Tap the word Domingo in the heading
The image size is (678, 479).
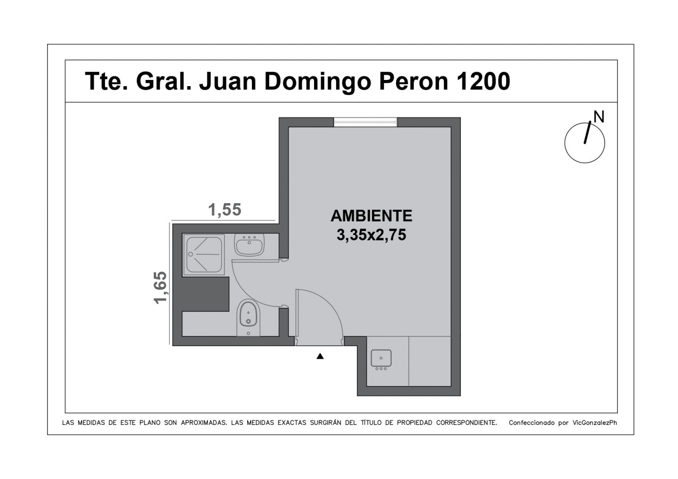[x=317, y=82]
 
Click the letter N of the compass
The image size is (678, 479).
[x=599, y=117]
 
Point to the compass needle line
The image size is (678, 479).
[x=588, y=132]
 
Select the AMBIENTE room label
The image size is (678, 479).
[x=371, y=216]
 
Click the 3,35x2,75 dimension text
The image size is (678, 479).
[x=371, y=235]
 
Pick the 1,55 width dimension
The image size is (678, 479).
[x=225, y=209]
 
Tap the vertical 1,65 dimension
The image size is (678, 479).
[x=160, y=287]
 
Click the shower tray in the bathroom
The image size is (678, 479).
[x=204, y=254]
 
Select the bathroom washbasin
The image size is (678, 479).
[x=249, y=245]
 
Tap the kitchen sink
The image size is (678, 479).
[x=381, y=359]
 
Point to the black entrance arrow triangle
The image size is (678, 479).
[x=320, y=356]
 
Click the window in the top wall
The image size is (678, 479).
[x=365, y=122]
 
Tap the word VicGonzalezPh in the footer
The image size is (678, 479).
[x=595, y=423]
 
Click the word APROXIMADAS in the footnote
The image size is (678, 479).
[x=204, y=423]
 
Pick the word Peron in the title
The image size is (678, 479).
[x=413, y=81]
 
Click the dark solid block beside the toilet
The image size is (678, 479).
[x=205, y=294]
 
